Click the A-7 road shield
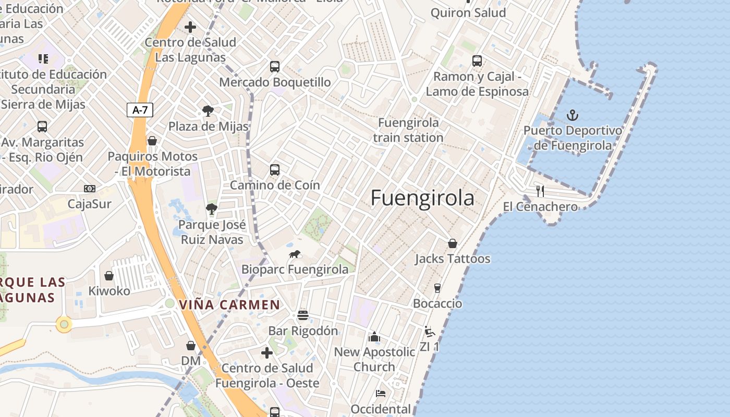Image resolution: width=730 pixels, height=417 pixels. pyautogui.click(x=140, y=110)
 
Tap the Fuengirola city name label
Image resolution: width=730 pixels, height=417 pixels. pyautogui.click(x=422, y=199)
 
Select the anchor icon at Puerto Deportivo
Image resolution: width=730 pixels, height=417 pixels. pyautogui.click(x=573, y=115)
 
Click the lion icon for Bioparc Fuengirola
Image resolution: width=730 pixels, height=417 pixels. pyautogui.click(x=295, y=254)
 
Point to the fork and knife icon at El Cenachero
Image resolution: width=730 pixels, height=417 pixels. pyautogui.click(x=540, y=191)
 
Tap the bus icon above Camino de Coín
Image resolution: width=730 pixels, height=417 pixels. pyautogui.click(x=275, y=170)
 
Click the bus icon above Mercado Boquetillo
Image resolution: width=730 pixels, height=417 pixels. pyautogui.click(x=275, y=67)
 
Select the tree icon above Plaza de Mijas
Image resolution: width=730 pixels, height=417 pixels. pyautogui.click(x=208, y=111)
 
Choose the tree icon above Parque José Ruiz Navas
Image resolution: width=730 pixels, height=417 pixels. pyautogui.click(x=211, y=210)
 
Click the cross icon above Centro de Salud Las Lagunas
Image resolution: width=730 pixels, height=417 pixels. pyautogui.click(x=190, y=27)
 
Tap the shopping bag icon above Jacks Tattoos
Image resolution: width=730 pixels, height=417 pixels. pyautogui.click(x=453, y=243)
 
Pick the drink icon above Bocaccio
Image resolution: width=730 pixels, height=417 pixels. pyautogui.click(x=437, y=288)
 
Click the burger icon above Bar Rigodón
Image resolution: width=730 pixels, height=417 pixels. pyautogui.click(x=303, y=315)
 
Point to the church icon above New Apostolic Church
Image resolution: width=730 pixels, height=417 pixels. pyautogui.click(x=374, y=337)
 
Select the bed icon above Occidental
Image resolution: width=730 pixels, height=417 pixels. pyautogui.click(x=381, y=394)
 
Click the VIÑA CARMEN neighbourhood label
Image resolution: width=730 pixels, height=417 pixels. pyautogui.click(x=229, y=304)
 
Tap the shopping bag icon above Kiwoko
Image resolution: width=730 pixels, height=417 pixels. pyautogui.click(x=109, y=276)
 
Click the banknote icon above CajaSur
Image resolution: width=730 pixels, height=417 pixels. pyautogui.click(x=90, y=189)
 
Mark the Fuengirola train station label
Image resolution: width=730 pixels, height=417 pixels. pyautogui.click(x=408, y=130)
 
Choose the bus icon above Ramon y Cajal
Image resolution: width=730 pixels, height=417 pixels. pyautogui.click(x=477, y=61)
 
